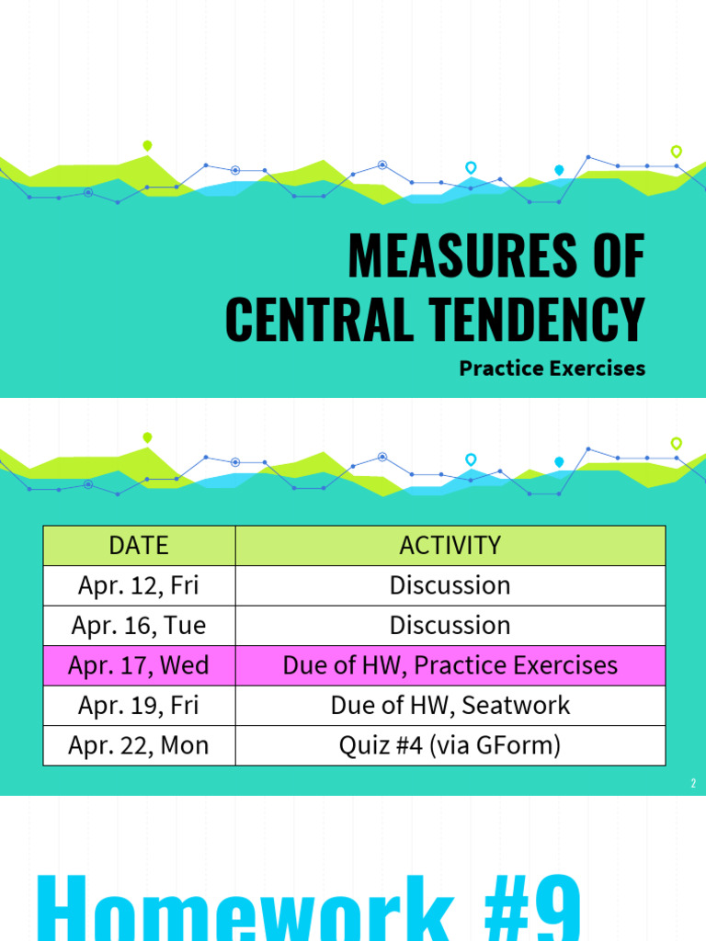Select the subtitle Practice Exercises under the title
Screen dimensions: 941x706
(x=552, y=368)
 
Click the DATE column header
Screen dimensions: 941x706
(x=139, y=545)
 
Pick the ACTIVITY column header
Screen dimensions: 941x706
(x=450, y=545)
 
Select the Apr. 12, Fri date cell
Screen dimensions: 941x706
(x=139, y=585)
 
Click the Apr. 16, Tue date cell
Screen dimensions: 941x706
(x=139, y=626)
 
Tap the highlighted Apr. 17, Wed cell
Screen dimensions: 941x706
(x=139, y=665)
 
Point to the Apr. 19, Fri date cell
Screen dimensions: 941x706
(x=139, y=706)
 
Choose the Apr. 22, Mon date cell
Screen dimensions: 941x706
(x=139, y=745)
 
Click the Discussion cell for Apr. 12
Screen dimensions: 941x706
(x=450, y=585)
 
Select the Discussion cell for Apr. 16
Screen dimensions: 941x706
(x=450, y=626)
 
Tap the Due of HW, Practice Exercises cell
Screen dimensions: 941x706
(x=450, y=665)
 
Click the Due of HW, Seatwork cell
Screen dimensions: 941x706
(x=450, y=706)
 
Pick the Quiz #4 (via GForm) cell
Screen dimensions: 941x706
(x=450, y=745)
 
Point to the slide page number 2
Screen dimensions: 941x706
(x=693, y=784)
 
